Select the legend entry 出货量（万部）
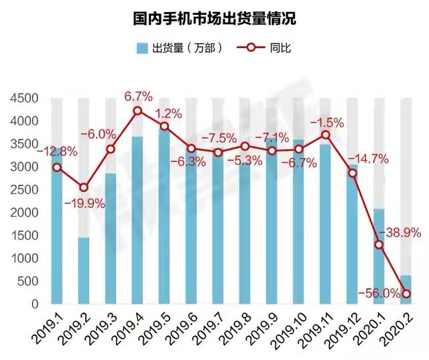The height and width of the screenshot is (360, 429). (x=178, y=48)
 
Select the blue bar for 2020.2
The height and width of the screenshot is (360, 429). (x=406, y=290)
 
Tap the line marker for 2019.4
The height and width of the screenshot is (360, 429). (x=137, y=111)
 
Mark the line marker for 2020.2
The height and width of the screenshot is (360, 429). (x=406, y=294)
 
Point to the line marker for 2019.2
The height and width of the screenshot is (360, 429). (x=84, y=188)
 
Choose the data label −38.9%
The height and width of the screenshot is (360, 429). (x=400, y=233)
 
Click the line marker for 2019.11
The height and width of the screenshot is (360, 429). (x=326, y=135)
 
